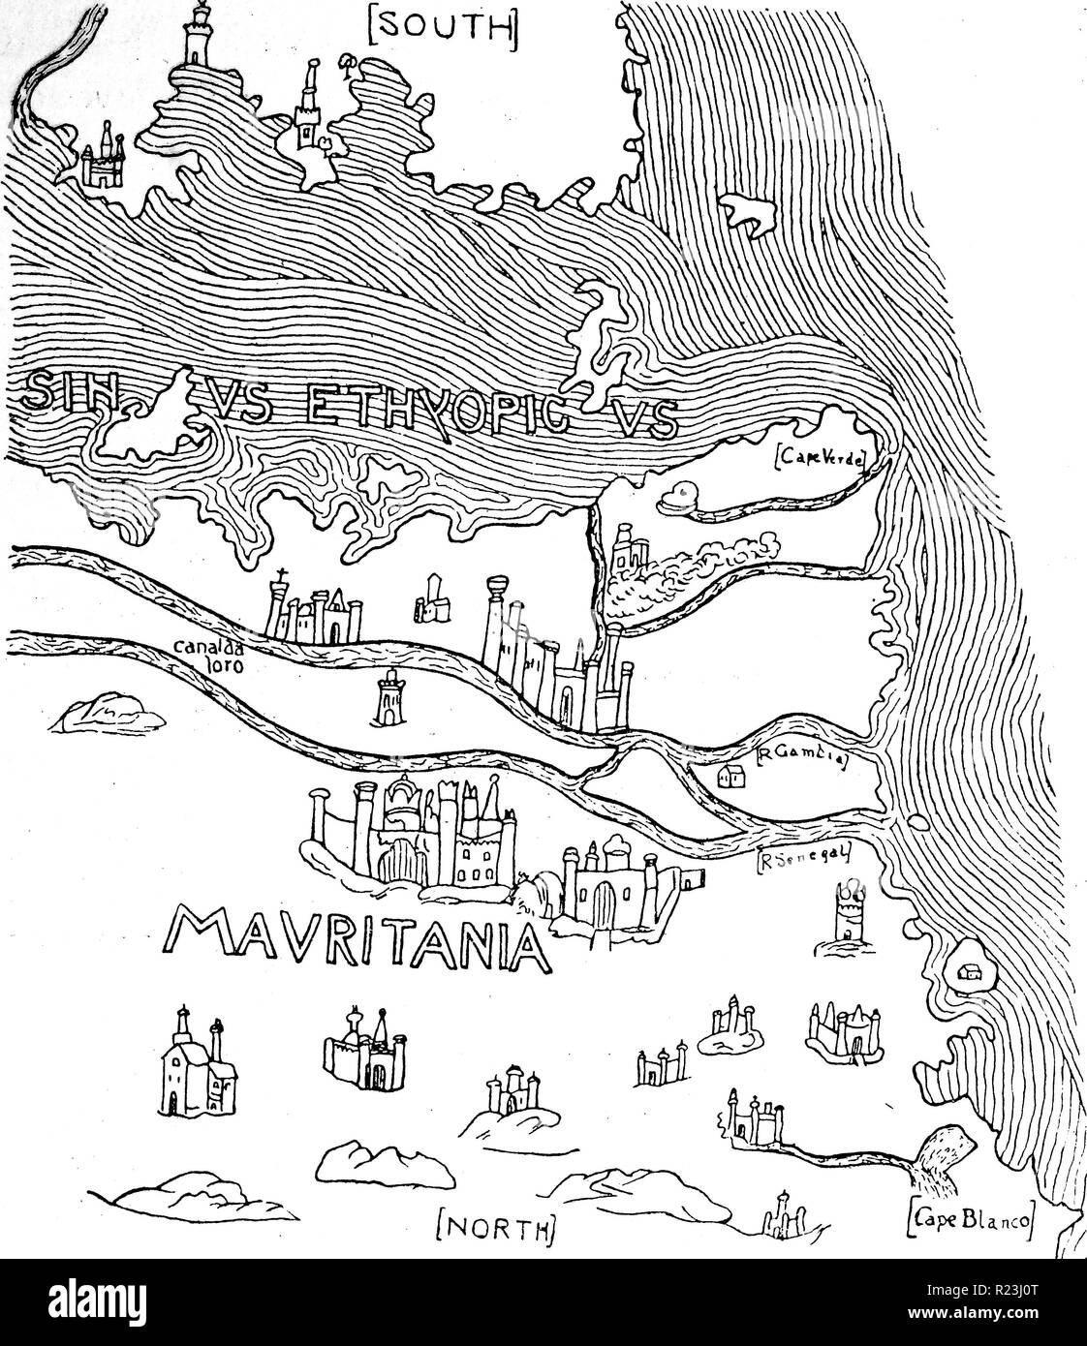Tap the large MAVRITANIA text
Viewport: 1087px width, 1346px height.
pyautogui.click(x=353, y=938)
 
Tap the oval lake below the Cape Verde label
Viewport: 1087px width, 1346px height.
pyautogui.click(x=678, y=498)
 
